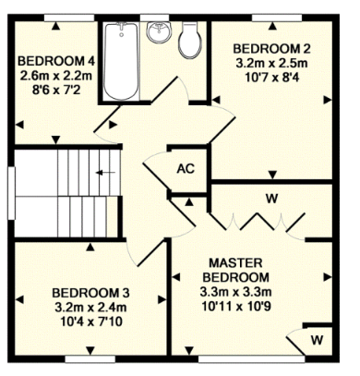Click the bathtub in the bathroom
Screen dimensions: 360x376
tap(121, 62)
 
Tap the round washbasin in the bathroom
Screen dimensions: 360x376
tap(159, 32)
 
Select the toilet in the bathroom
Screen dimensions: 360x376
tap(190, 41)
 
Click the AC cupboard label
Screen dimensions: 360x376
tap(186, 169)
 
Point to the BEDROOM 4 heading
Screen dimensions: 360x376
tap(56, 61)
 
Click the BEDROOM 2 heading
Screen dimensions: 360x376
tap(271, 49)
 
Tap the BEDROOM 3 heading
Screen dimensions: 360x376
tap(90, 293)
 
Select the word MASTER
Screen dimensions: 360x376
tap(235, 263)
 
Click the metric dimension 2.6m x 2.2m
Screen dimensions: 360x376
tap(56, 76)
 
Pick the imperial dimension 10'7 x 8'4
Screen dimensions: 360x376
tap(272, 78)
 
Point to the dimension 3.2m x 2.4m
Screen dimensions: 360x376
tap(90, 308)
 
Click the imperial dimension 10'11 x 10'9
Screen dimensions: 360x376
tap(235, 307)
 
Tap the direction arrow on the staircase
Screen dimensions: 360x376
tap(105, 173)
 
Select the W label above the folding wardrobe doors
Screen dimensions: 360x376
tap(272, 199)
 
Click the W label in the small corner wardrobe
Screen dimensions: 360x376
tap(317, 340)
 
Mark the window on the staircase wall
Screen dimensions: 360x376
tap(11, 193)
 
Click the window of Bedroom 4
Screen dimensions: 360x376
tap(69, 18)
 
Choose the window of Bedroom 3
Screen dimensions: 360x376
tap(90, 359)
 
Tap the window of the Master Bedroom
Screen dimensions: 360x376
tap(252, 359)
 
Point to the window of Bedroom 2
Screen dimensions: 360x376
tap(277, 18)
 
